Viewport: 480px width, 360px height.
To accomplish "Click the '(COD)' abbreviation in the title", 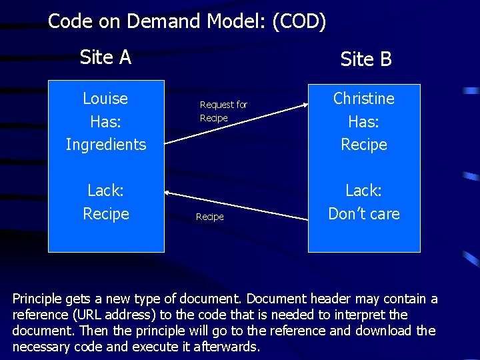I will click(x=299, y=21).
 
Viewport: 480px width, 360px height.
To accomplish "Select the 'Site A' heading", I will click(x=105, y=57).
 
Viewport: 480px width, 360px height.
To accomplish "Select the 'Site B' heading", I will click(x=366, y=59).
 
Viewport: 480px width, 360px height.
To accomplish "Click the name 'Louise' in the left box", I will click(x=105, y=99).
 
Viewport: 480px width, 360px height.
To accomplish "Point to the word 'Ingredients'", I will click(x=106, y=145).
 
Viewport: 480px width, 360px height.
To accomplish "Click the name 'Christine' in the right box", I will click(x=364, y=99).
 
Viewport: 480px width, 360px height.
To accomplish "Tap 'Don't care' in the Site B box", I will click(x=364, y=214).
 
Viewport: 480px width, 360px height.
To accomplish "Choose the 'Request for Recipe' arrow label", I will click(x=223, y=111).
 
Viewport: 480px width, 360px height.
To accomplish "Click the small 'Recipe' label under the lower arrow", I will click(x=209, y=217).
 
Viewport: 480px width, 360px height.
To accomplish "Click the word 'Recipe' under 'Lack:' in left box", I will click(x=106, y=214).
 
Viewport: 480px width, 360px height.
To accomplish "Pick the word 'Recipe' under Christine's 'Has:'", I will click(x=364, y=145).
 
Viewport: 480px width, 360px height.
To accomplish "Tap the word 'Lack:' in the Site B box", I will click(x=364, y=191).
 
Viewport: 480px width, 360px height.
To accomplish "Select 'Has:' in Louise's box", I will click(x=105, y=122).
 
